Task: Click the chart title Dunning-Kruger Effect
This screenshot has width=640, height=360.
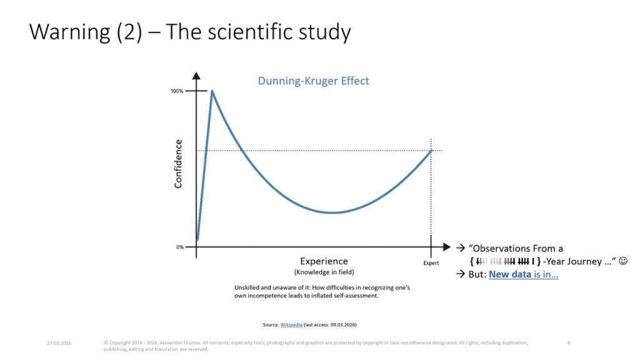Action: [x=313, y=81]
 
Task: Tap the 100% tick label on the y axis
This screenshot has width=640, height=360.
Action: [x=177, y=91]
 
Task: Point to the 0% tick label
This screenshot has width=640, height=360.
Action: [x=179, y=247]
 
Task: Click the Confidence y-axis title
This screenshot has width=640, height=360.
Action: [x=178, y=164]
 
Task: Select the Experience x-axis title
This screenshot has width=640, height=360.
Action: [x=324, y=261]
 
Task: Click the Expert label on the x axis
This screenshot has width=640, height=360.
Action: [x=431, y=263]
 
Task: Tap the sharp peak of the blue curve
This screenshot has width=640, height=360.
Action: [x=212, y=91]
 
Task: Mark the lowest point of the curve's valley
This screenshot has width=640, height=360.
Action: [x=334, y=212]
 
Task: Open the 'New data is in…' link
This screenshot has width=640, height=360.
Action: [x=523, y=274]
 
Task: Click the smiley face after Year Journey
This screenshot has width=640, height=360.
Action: [x=622, y=261]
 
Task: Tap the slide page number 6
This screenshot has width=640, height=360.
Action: [x=569, y=342]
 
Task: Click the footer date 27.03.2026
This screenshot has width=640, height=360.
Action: [x=58, y=342]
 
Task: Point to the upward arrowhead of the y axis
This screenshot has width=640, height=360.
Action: [x=196, y=77]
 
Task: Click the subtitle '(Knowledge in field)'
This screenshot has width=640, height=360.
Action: [x=324, y=272]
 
